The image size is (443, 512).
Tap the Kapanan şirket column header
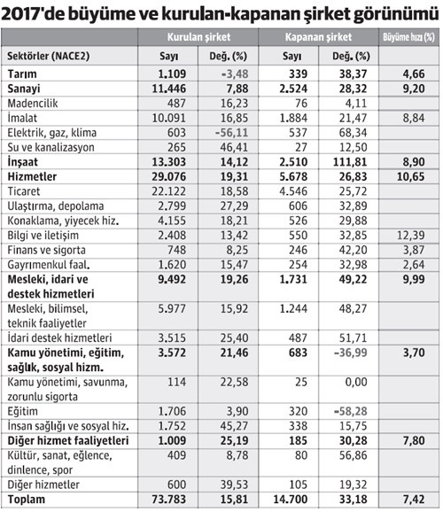point(319,38)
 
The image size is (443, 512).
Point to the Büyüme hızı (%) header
point(408,38)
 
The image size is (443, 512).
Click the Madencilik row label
point(36,103)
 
